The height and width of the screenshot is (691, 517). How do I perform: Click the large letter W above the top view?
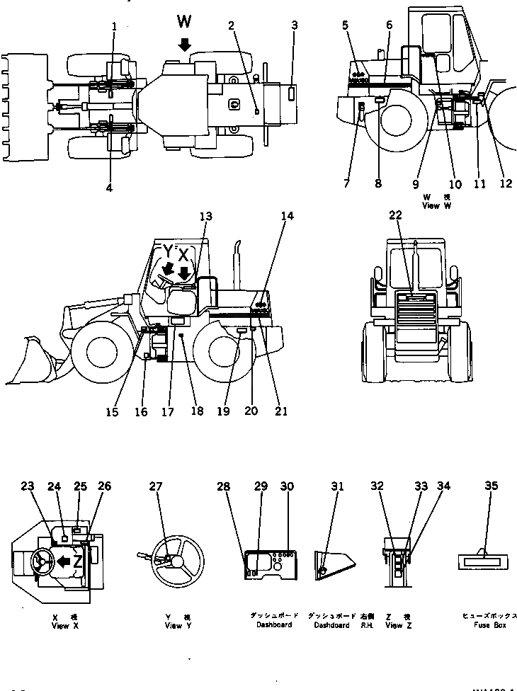tap(184, 25)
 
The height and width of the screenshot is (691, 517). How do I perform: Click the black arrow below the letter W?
tap(184, 45)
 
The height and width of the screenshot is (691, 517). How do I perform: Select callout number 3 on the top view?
tap(294, 26)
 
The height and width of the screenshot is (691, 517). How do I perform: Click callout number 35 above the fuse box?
tap(491, 486)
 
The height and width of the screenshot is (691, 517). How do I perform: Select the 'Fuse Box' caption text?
tap(492, 625)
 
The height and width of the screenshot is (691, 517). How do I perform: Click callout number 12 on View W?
tap(505, 184)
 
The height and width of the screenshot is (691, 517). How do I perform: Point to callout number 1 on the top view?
tap(114, 26)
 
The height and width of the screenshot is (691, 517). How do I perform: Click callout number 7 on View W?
tap(346, 184)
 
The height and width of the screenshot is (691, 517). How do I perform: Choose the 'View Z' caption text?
tap(394, 626)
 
